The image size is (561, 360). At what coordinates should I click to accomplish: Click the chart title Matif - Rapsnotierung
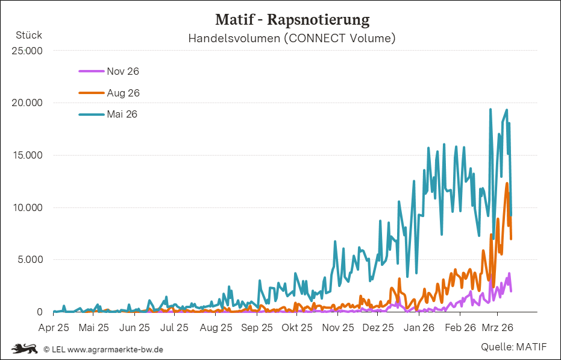pos(292,20)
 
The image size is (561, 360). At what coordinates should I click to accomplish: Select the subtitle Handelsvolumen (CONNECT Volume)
pos(292,39)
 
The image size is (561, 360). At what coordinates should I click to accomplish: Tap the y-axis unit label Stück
pos(29,35)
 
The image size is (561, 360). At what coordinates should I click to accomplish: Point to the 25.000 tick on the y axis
pos(27,51)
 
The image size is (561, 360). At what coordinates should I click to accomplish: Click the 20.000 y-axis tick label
pos(27,103)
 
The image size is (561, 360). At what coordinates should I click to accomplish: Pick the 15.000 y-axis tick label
pos(27,156)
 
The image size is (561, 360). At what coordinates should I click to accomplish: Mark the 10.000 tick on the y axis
pos(27,208)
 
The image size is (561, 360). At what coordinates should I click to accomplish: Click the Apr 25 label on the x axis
pos(54,328)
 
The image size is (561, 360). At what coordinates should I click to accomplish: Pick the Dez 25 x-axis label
pos(379,328)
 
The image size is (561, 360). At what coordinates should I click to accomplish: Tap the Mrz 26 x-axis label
pos(498,328)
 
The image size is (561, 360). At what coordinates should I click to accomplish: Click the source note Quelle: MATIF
pos(513,347)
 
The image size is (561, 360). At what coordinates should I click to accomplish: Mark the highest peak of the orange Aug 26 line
pos(507,183)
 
